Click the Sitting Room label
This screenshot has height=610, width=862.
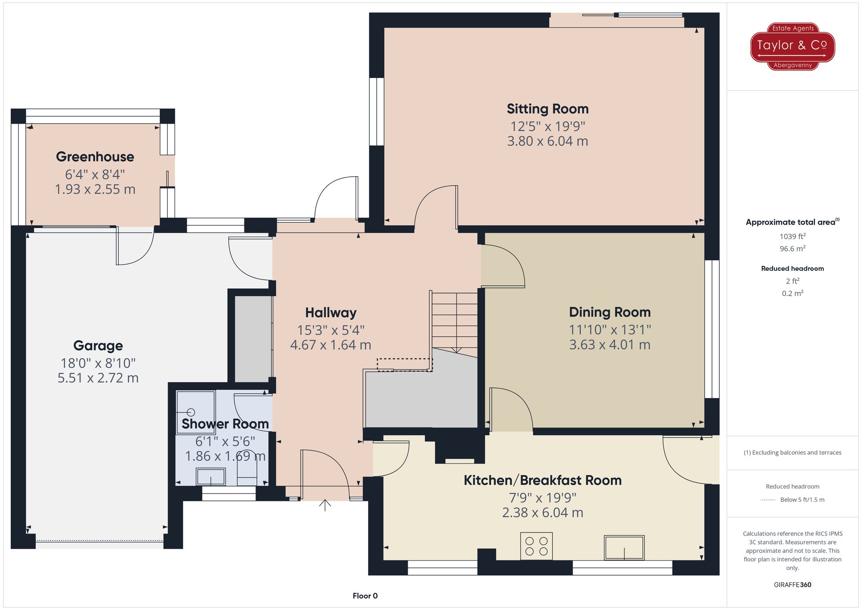pyautogui.click(x=547, y=109)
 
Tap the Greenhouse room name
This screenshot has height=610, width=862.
pyautogui.click(x=95, y=157)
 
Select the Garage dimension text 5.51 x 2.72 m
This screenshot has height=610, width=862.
pyautogui.click(x=98, y=378)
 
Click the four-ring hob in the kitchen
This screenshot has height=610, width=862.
pyautogui.click(x=536, y=546)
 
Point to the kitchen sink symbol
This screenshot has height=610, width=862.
pyautogui.click(x=624, y=547)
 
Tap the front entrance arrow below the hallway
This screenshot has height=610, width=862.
pyautogui.click(x=325, y=505)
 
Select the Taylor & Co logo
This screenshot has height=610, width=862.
pyautogui.click(x=792, y=46)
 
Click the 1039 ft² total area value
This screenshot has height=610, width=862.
pyautogui.click(x=792, y=236)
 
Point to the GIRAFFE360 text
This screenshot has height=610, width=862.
pyautogui.click(x=792, y=585)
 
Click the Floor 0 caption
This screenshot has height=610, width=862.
pyautogui.click(x=365, y=596)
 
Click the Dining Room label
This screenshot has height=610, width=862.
pyautogui.click(x=609, y=312)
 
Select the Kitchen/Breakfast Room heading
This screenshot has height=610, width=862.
pyautogui.click(x=542, y=480)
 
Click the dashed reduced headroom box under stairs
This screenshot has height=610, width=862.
pyautogui.click(x=404, y=365)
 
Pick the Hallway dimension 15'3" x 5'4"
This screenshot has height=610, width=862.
pyautogui.click(x=331, y=330)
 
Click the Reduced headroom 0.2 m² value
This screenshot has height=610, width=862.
pyautogui.click(x=792, y=294)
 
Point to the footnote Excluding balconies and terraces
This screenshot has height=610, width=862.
pyautogui.click(x=792, y=453)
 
